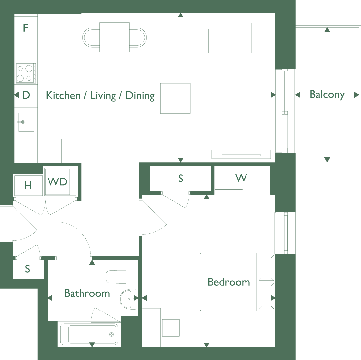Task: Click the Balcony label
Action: tap(327, 95)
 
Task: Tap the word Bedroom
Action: tap(229, 282)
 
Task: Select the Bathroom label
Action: tap(87, 293)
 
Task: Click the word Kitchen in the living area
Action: tap(63, 95)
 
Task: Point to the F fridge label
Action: tap(25, 28)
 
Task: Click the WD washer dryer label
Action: tap(57, 181)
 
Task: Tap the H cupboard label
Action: tap(28, 185)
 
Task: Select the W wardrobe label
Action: tap(241, 178)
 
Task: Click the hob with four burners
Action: tap(26, 74)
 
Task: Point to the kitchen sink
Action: tap(26, 122)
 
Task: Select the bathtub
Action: tap(89, 334)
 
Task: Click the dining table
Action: tap(115, 38)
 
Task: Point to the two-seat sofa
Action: tap(227, 38)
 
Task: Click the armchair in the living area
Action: tap(176, 98)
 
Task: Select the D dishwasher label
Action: tap(26, 95)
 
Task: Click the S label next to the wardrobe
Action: tap(181, 179)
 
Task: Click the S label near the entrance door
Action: tap(27, 269)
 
